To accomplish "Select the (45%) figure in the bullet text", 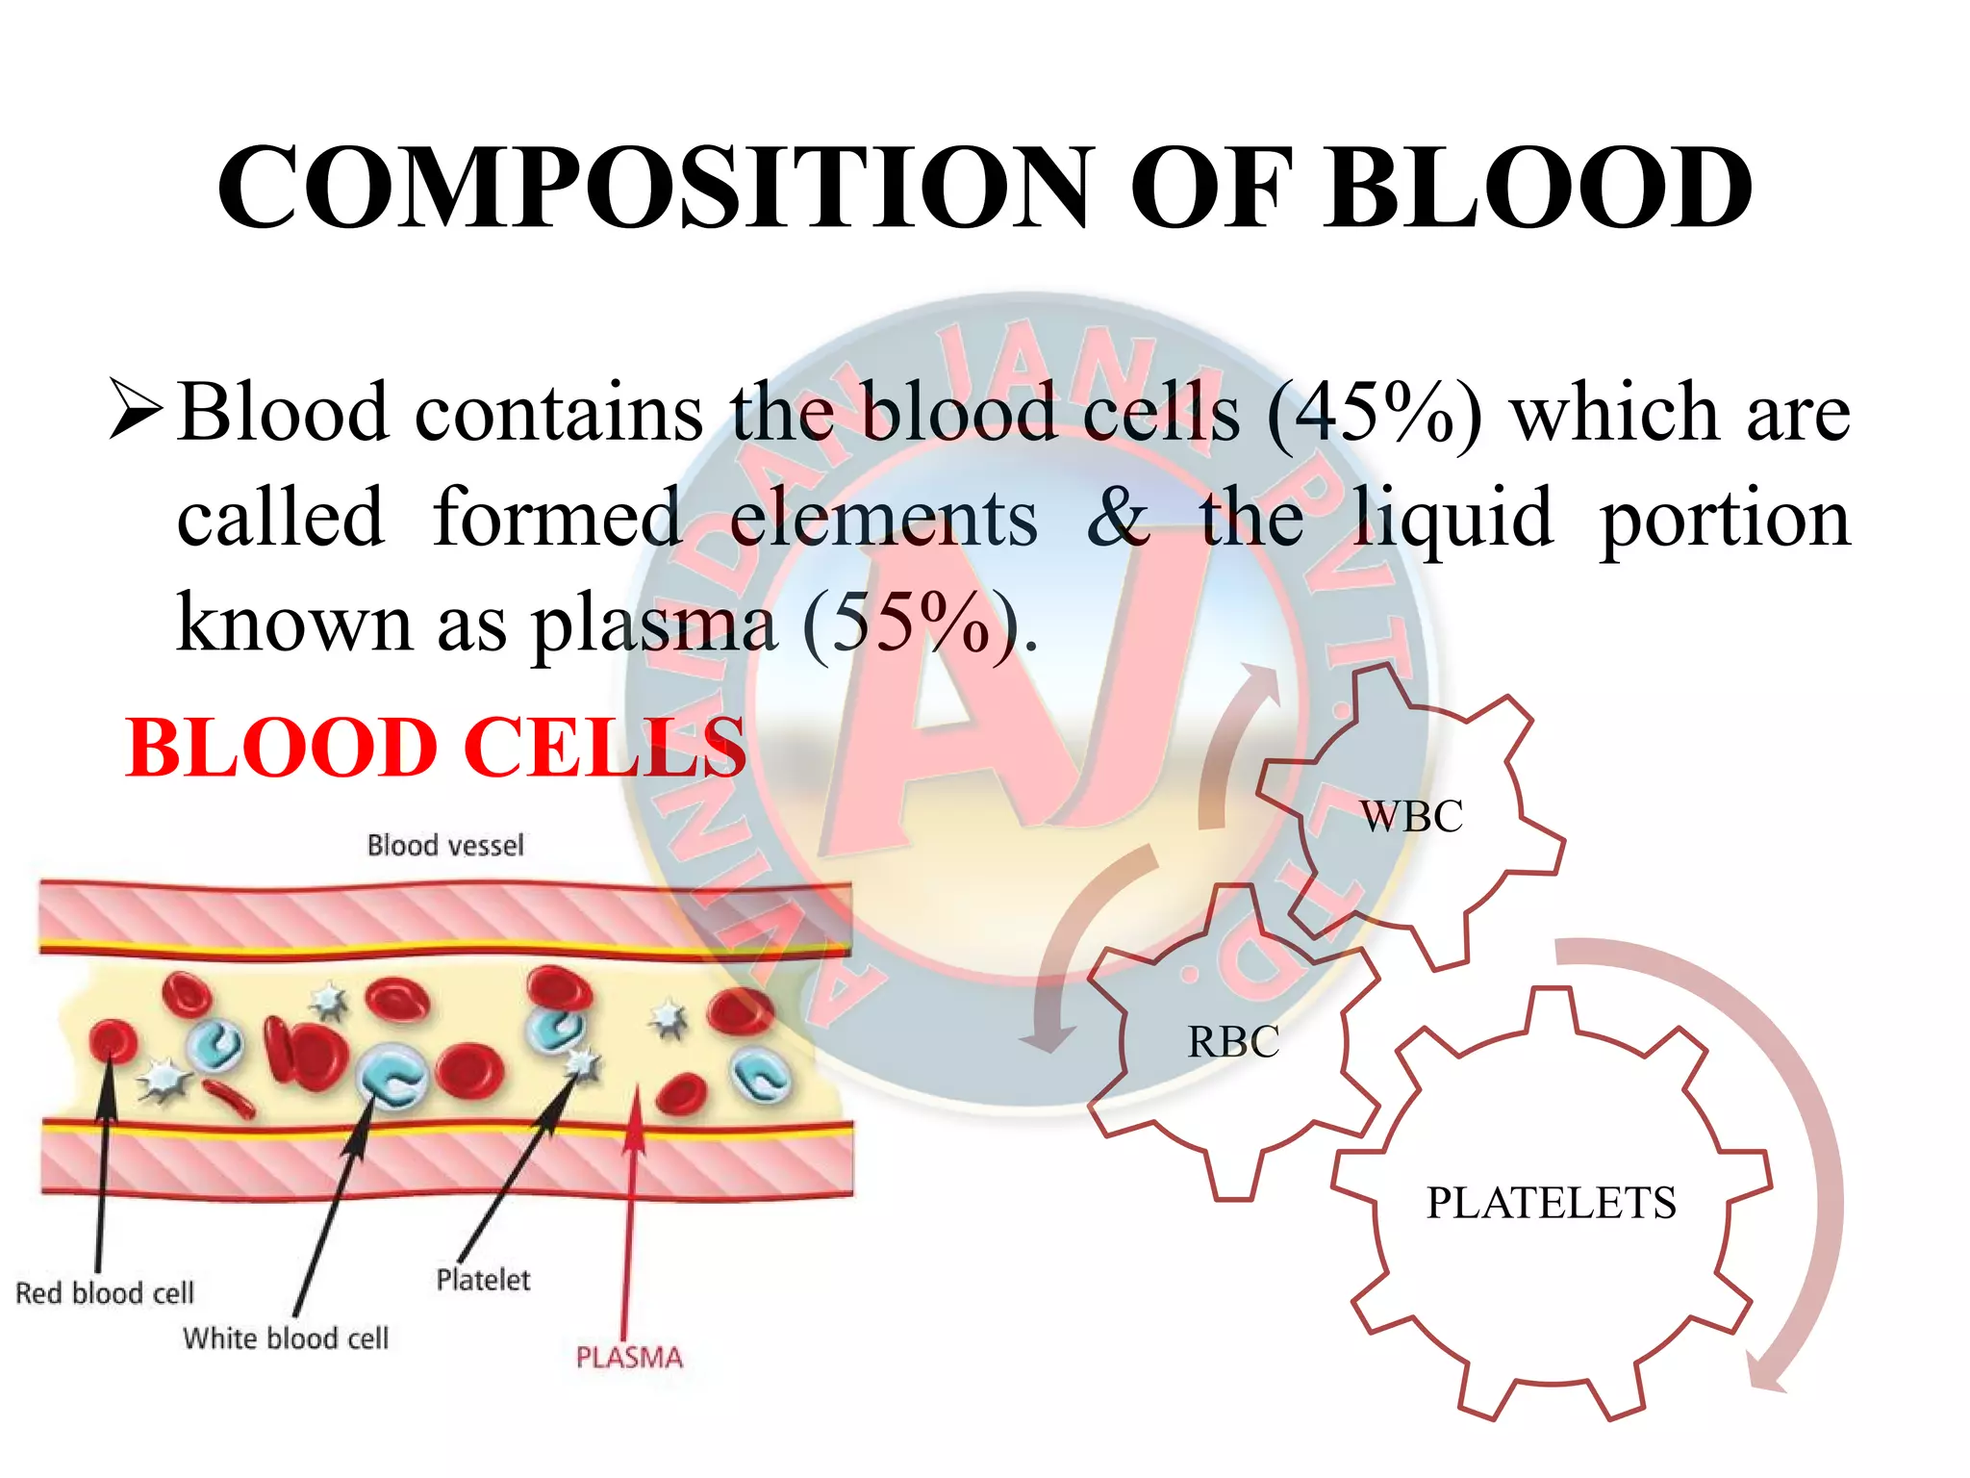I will (x=1375, y=414).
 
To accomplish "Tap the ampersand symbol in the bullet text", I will (x=1117, y=517).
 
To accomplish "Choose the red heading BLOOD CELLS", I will (x=435, y=748).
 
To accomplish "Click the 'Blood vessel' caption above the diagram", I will (x=445, y=846).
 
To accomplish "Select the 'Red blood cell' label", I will (x=105, y=1292).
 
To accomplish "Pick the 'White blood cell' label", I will (x=286, y=1338).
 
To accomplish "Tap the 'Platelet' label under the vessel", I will (x=483, y=1280).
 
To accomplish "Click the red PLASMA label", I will (x=629, y=1358).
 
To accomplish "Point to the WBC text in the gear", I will (x=1411, y=817).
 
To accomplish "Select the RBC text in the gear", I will (x=1233, y=1042).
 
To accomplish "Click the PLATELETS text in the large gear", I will (x=1551, y=1203).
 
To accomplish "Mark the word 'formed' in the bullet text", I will (x=557, y=517).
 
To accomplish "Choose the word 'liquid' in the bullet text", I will (x=1452, y=519).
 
